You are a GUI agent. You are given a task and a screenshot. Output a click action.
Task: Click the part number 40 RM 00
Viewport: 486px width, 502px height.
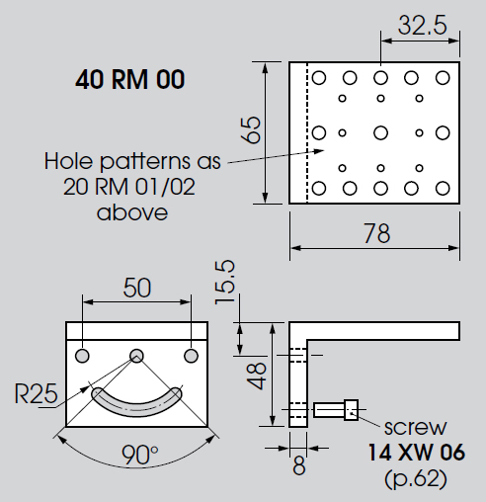click(129, 79)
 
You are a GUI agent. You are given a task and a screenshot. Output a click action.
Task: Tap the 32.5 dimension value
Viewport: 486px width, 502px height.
click(423, 26)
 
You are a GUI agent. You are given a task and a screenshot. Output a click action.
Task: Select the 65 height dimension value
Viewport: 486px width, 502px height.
click(251, 129)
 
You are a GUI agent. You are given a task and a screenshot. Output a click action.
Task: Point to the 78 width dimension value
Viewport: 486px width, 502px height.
click(376, 233)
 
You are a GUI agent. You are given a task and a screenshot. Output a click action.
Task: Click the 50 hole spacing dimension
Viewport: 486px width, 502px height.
click(137, 288)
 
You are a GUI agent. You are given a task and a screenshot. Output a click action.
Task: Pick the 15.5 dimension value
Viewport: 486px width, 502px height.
click(225, 283)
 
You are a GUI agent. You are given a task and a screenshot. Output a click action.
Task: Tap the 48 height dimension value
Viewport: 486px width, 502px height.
click(257, 376)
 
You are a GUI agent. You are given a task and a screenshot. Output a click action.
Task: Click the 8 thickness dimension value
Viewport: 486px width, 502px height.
click(299, 465)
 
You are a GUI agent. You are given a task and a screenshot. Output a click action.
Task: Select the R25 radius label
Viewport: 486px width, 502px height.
click(37, 393)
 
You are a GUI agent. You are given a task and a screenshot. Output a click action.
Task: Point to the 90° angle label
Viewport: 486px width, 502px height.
click(140, 455)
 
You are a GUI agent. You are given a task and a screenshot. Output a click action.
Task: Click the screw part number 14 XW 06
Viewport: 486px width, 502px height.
click(416, 452)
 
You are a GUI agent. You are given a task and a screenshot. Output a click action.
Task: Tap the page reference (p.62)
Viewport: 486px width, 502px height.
click(416, 478)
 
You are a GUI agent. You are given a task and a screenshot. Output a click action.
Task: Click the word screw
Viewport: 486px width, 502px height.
click(415, 428)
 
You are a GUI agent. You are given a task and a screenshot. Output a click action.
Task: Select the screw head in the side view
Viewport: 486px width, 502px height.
click(352, 410)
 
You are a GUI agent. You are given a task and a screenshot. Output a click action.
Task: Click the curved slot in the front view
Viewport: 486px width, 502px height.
click(136, 402)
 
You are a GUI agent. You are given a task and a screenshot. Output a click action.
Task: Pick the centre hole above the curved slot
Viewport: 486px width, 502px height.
click(136, 356)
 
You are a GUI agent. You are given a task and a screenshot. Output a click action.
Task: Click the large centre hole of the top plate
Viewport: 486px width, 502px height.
click(380, 133)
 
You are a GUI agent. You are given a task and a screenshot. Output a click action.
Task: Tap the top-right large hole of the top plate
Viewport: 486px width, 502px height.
click(443, 78)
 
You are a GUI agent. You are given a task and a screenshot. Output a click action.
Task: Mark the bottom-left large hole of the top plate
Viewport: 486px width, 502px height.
click(319, 189)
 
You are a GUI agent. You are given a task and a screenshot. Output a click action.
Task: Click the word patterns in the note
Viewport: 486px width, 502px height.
click(145, 161)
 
